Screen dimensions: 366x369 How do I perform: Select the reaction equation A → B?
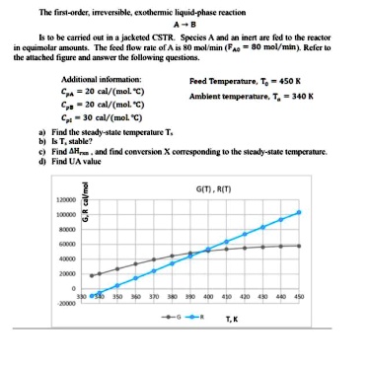184,24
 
